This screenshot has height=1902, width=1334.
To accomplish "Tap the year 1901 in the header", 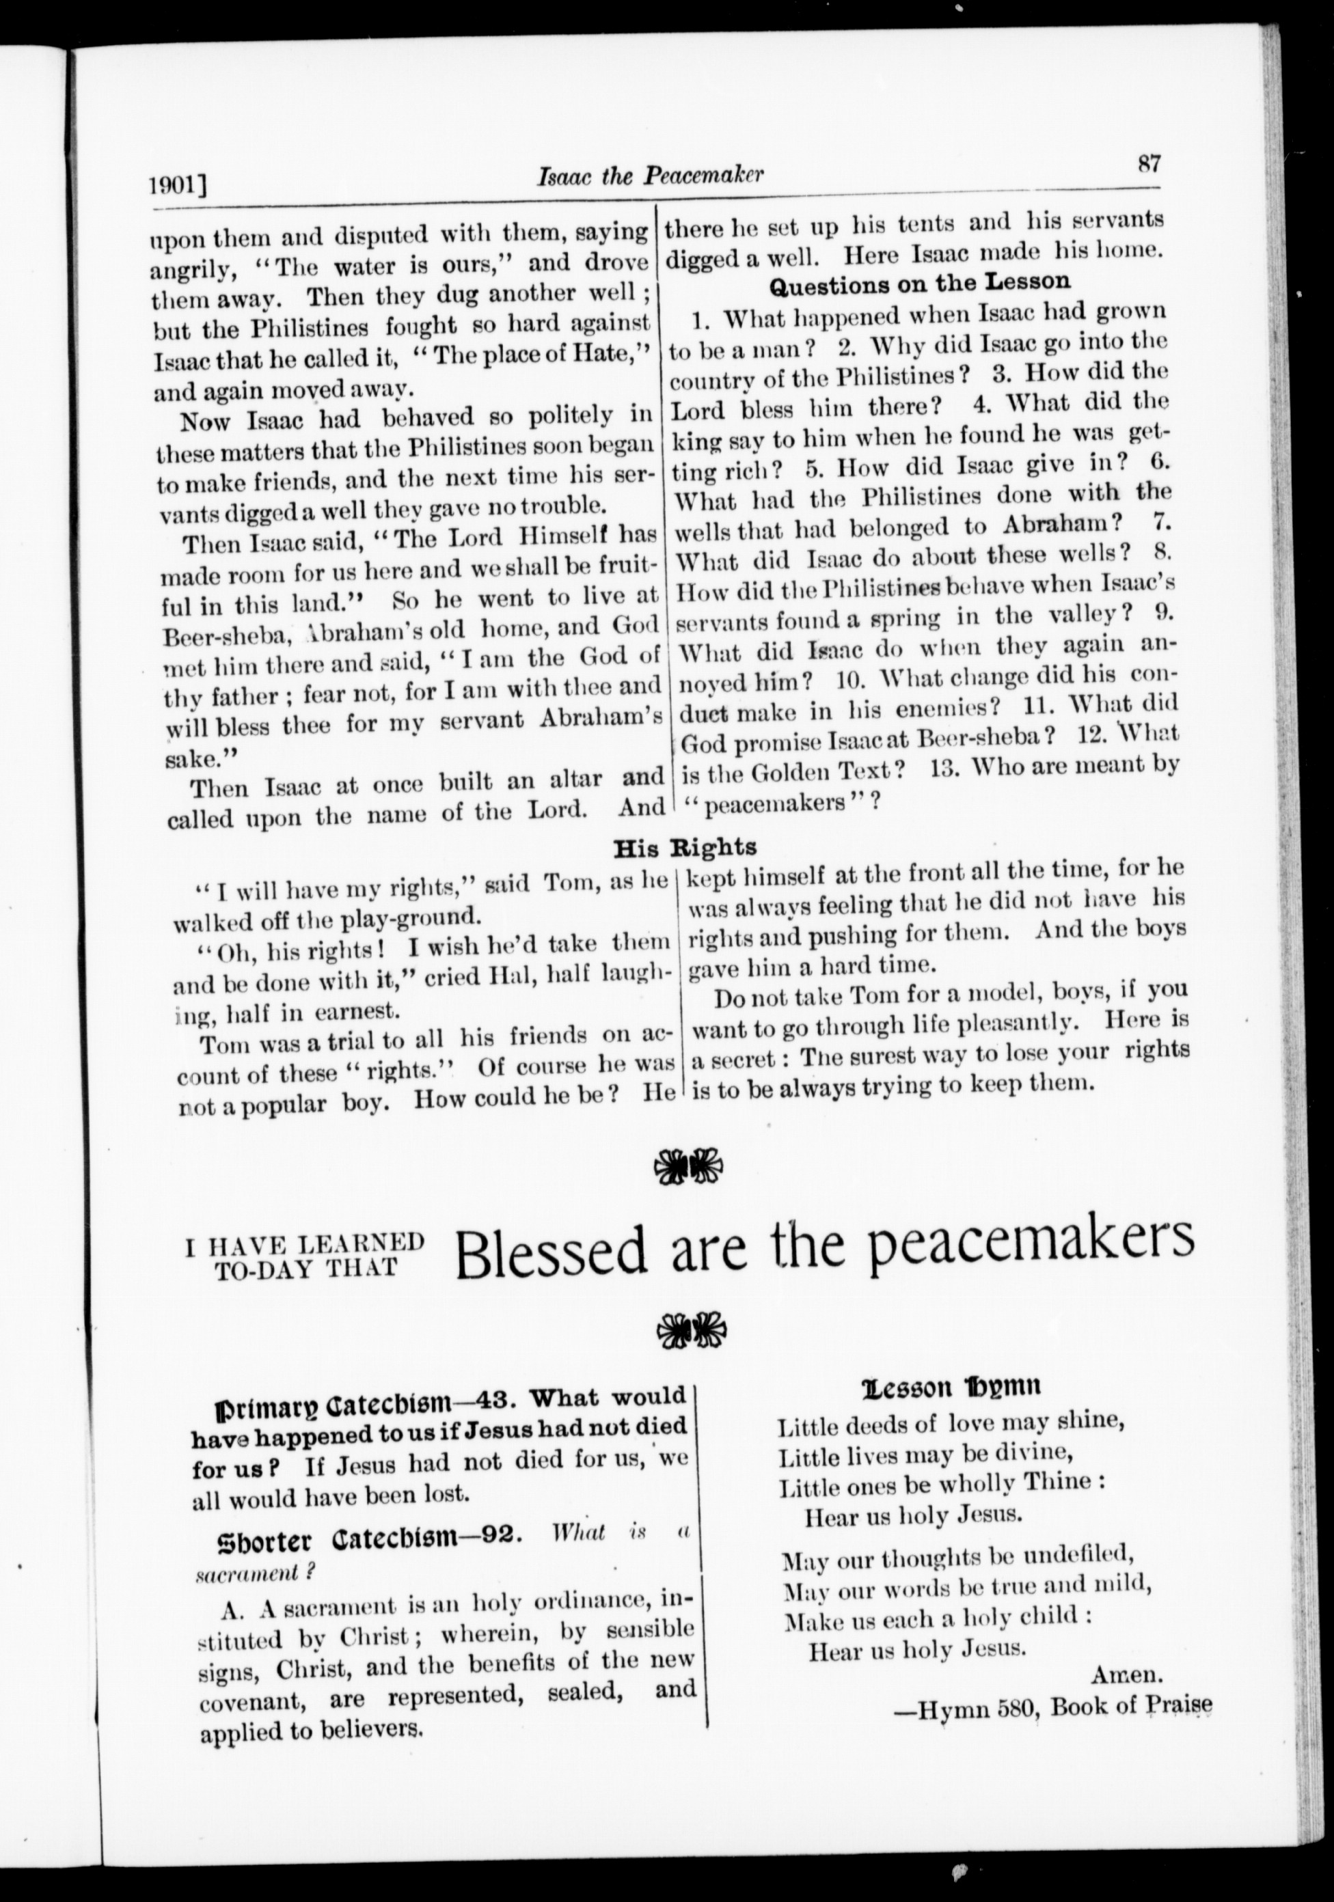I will [176, 184].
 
